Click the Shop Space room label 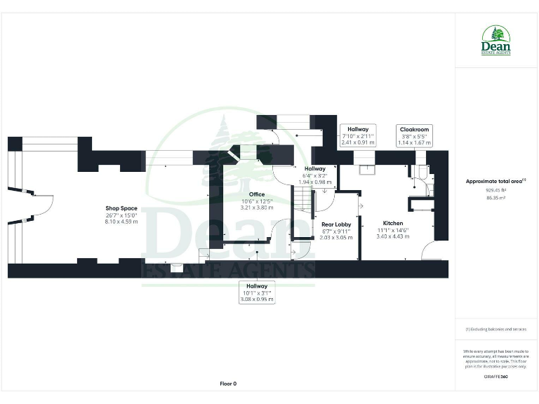[x=121, y=208]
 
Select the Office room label [x=257, y=194]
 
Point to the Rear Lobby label [x=336, y=224]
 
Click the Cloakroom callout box [x=414, y=136]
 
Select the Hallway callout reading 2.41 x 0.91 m [x=357, y=135]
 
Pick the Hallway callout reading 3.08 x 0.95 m [x=257, y=292]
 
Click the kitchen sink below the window [x=365, y=168]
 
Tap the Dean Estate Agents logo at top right [x=496, y=41]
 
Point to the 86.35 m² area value [x=496, y=198]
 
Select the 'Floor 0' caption [x=228, y=384]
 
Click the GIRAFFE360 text [x=496, y=377]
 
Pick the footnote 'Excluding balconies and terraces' [x=496, y=330]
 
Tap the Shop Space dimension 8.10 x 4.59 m [x=121, y=221]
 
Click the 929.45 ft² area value [x=496, y=190]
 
